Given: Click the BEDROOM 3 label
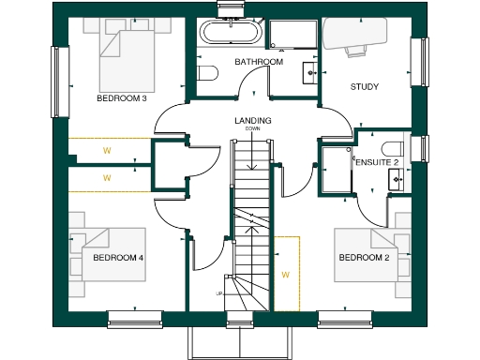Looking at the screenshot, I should click(122, 97).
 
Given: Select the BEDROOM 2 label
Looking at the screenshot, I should click(364, 258).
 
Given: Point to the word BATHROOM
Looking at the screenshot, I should click(259, 62).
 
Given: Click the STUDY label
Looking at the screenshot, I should click(364, 87).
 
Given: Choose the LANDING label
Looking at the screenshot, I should click(253, 120).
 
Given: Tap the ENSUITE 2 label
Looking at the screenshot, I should click(377, 162).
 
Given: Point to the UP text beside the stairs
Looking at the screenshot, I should click(219, 293).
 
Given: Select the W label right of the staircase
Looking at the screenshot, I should click(285, 275).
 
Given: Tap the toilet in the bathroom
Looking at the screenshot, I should click(208, 72).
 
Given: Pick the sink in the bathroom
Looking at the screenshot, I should click(308, 72).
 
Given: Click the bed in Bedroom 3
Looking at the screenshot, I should click(128, 54).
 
